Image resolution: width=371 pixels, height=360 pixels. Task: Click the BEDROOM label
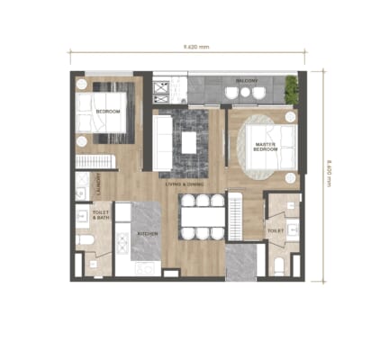click(108, 112)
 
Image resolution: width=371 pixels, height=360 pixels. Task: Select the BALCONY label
click(248, 81)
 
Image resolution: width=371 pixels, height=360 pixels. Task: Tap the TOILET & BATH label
click(101, 216)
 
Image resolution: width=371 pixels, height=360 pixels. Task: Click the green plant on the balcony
click(291, 88)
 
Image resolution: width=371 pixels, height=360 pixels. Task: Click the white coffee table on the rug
click(188, 142)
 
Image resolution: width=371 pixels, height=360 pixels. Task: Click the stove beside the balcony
click(163, 88)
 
